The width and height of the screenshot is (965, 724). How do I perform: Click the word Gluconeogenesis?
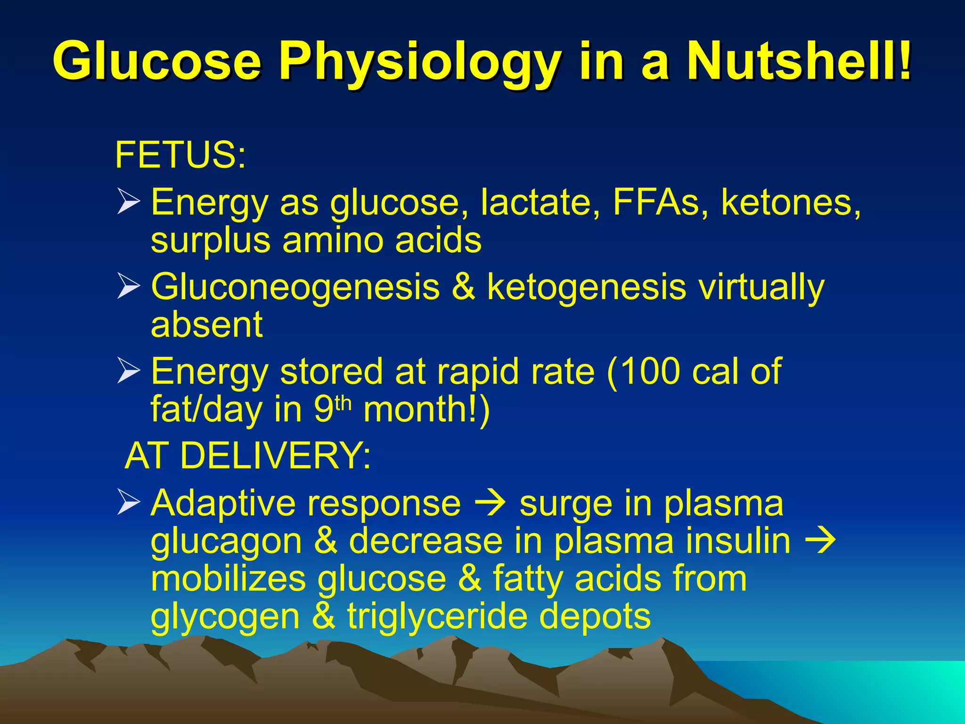(295, 288)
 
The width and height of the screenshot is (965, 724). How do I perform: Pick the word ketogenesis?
(586, 288)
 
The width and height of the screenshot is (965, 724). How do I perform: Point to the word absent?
(206, 325)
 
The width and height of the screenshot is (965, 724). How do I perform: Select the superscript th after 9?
(343, 403)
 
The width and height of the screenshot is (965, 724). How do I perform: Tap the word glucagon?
(226, 542)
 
